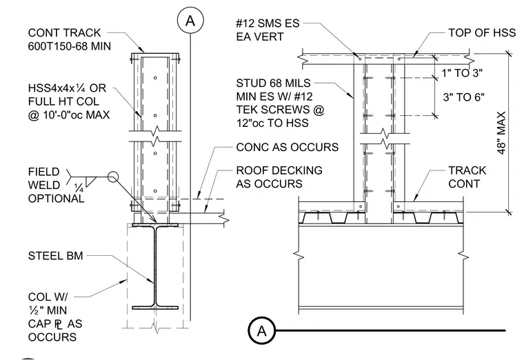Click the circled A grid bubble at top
190,21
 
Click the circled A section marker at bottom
262,330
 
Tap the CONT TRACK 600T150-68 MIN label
69,39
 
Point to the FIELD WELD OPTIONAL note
56,185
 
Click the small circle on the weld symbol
113,176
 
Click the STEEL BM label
55,256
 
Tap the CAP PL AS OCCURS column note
54,317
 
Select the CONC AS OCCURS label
287,147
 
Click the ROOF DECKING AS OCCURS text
279,177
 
